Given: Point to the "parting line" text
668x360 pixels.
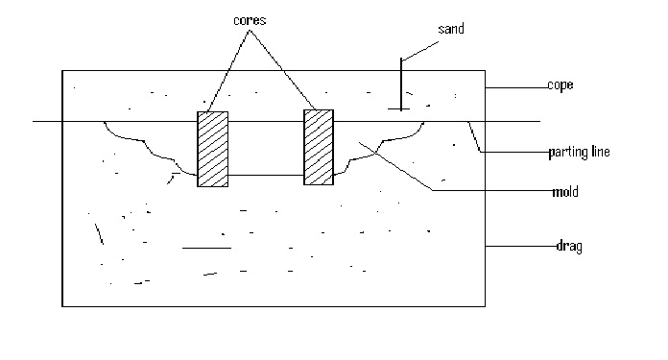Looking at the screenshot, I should [580, 152].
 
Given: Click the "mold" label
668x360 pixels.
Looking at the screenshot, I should [565, 192].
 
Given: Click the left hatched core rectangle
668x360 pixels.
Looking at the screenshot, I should [213, 149].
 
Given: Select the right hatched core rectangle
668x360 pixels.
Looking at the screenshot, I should [319, 146].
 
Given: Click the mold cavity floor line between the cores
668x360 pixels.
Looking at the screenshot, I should [266, 176].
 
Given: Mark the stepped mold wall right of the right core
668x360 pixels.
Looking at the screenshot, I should [384, 144].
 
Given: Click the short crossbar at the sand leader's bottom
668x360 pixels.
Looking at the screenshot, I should [402, 110].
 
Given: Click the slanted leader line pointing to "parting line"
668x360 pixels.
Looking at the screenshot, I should [474, 136].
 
